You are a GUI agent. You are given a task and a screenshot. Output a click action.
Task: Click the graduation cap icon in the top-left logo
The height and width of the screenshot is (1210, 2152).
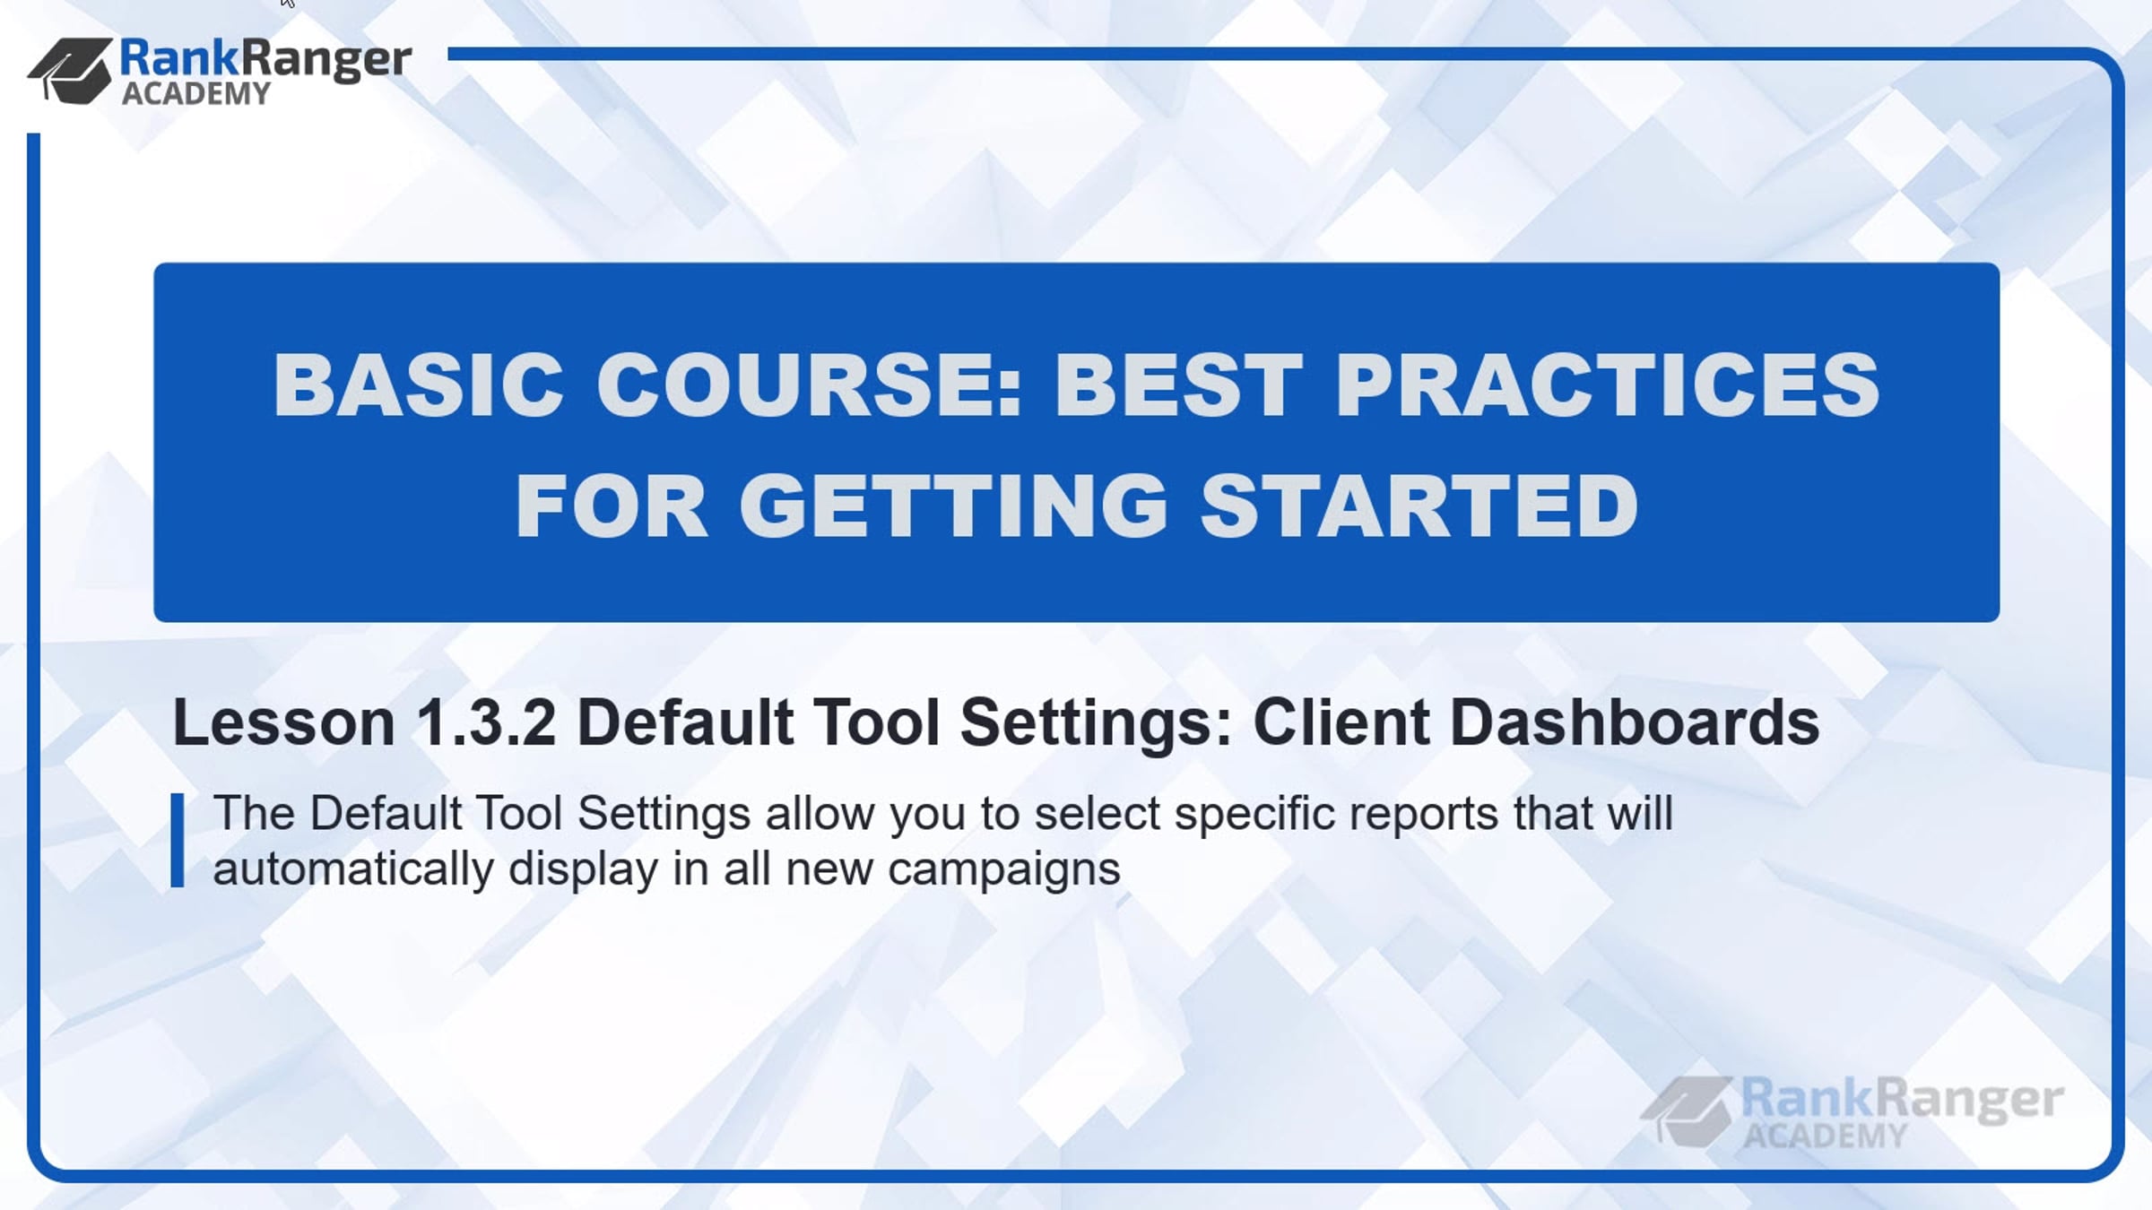[71, 71]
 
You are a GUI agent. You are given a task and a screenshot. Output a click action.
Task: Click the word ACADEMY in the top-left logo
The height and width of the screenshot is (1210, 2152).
[196, 93]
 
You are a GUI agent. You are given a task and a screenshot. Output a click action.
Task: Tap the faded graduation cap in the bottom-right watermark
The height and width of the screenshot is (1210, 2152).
[1687, 1111]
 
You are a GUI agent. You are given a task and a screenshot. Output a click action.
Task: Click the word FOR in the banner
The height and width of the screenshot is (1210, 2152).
[612, 506]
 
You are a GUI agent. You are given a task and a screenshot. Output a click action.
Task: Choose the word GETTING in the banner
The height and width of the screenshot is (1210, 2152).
[953, 506]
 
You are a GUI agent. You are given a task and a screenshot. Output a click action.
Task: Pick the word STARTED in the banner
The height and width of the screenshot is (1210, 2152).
[1419, 506]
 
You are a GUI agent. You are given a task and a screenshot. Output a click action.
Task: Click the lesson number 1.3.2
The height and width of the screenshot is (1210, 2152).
[487, 722]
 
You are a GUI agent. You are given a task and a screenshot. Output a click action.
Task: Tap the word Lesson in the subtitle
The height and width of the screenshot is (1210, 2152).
[283, 722]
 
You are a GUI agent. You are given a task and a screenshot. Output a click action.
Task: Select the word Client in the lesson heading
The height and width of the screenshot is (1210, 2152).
[1341, 722]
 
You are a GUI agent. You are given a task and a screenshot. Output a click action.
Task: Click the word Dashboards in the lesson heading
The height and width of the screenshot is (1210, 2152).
[1635, 722]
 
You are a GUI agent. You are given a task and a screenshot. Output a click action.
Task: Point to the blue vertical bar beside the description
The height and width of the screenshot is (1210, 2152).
[178, 841]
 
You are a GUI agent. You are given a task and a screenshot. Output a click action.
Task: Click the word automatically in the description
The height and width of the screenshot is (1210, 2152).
[353, 869]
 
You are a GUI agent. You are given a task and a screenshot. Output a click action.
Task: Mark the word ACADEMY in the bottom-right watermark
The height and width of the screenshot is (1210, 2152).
[1826, 1137]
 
